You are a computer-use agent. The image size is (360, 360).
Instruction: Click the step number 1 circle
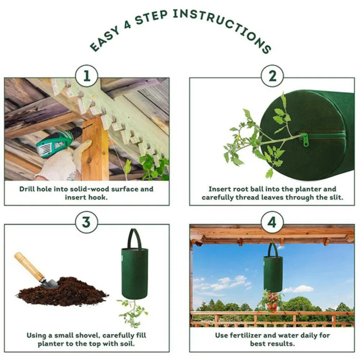point(86,76)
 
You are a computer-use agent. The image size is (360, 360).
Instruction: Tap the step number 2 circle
point(272,76)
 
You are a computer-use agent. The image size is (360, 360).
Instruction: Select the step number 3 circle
point(86,222)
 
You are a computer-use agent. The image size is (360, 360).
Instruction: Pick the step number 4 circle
point(272,222)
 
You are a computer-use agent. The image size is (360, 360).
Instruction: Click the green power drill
point(54,142)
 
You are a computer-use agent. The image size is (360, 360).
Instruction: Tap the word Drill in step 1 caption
point(27,189)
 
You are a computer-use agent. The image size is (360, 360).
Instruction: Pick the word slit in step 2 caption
point(336,197)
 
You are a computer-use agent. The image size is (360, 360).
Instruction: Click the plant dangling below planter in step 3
point(132,312)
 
